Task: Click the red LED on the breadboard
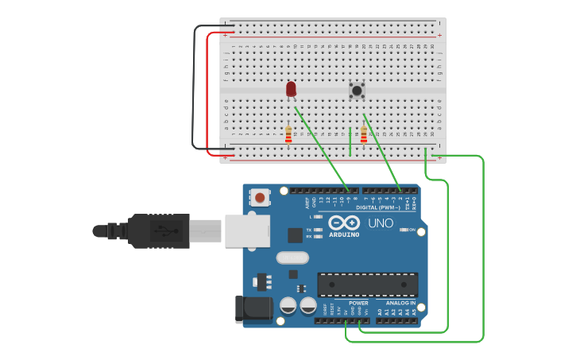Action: [291, 88]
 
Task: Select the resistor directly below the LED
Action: [288, 135]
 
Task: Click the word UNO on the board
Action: [381, 223]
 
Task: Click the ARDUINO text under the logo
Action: [344, 234]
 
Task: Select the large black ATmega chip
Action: [367, 285]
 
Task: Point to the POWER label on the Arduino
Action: [358, 303]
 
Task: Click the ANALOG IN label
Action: [401, 303]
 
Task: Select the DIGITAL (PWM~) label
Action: [384, 207]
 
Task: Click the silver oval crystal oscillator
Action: [292, 257]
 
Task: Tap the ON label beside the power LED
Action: [412, 230]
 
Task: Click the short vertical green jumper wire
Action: [350, 141]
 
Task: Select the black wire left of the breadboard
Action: [193, 87]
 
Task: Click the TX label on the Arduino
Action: [308, 230]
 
